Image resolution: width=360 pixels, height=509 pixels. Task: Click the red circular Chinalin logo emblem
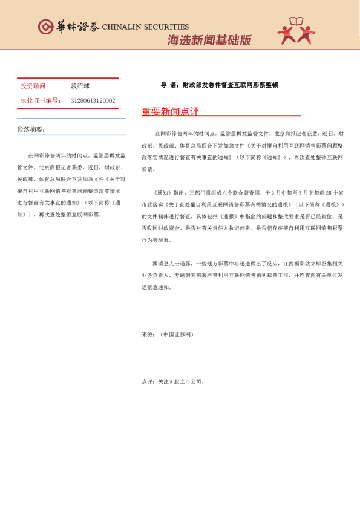[x=45, y=27]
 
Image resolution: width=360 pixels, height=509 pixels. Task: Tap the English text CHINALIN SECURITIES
[x=145, y=27]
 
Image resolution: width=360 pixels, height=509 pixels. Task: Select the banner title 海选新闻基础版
[x=208, y=41]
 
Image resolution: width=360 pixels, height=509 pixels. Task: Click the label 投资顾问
[x=35, y=86]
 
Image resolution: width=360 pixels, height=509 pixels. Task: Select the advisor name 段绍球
[x=81, y=86]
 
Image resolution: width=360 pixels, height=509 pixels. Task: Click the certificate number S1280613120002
[x=93, y=100]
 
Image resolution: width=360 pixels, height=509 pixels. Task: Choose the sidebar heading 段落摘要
[x=31, y=129]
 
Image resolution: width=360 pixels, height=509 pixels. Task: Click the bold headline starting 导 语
[x=219, y=85]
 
